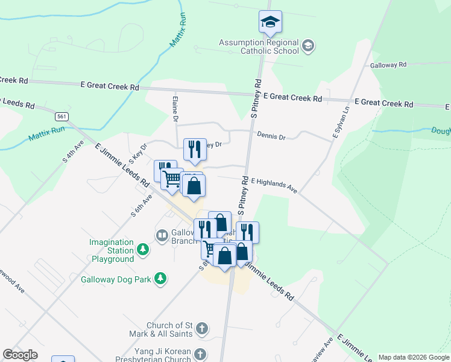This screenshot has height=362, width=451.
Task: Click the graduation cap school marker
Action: pyautogui.click(x=271, y=22)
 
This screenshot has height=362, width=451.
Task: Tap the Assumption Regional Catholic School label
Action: pyautogui.click(x=259, y=46)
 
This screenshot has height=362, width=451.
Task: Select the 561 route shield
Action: pyautogui.click(x=61, y=115)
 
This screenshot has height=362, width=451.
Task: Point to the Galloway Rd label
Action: pyautogui.click(x=388, y=65)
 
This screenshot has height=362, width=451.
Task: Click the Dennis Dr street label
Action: pyautogui.click(x=271, y=137)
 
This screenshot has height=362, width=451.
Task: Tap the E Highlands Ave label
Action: pyautogui.click(x=274, y=185)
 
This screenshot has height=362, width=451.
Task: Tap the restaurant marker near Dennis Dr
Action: pyautogui.click(x=194, y=150)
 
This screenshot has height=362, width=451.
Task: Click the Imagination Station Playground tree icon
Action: pyautogui.click(x=143, y=249)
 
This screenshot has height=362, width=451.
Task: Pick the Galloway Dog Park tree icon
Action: pyautogui.click(x=160, y=278)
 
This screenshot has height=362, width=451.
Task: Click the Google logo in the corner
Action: pyautogui.click(x=20, y=355)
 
